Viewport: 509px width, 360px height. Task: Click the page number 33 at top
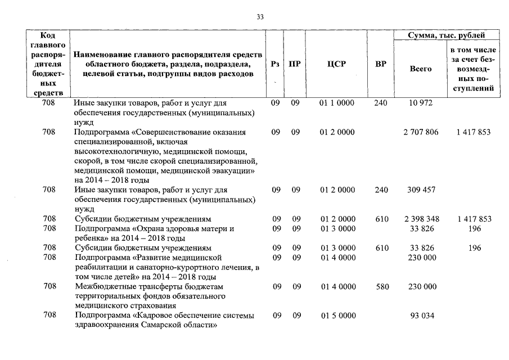pos(260,17)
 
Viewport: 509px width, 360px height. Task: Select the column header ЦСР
pos(336,64)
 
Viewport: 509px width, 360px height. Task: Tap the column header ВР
pos(381,64)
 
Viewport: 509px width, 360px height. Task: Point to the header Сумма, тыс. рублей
pos(446,35)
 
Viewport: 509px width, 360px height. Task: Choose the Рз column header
pos(276,64)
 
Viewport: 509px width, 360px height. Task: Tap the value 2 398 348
pos(421,219)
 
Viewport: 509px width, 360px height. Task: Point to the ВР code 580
pos(382,286)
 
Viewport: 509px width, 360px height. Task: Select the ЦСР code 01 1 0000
pos(337,103)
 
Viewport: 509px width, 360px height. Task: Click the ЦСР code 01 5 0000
pos(337,316)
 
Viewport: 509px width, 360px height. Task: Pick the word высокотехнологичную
pos(115,151)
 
